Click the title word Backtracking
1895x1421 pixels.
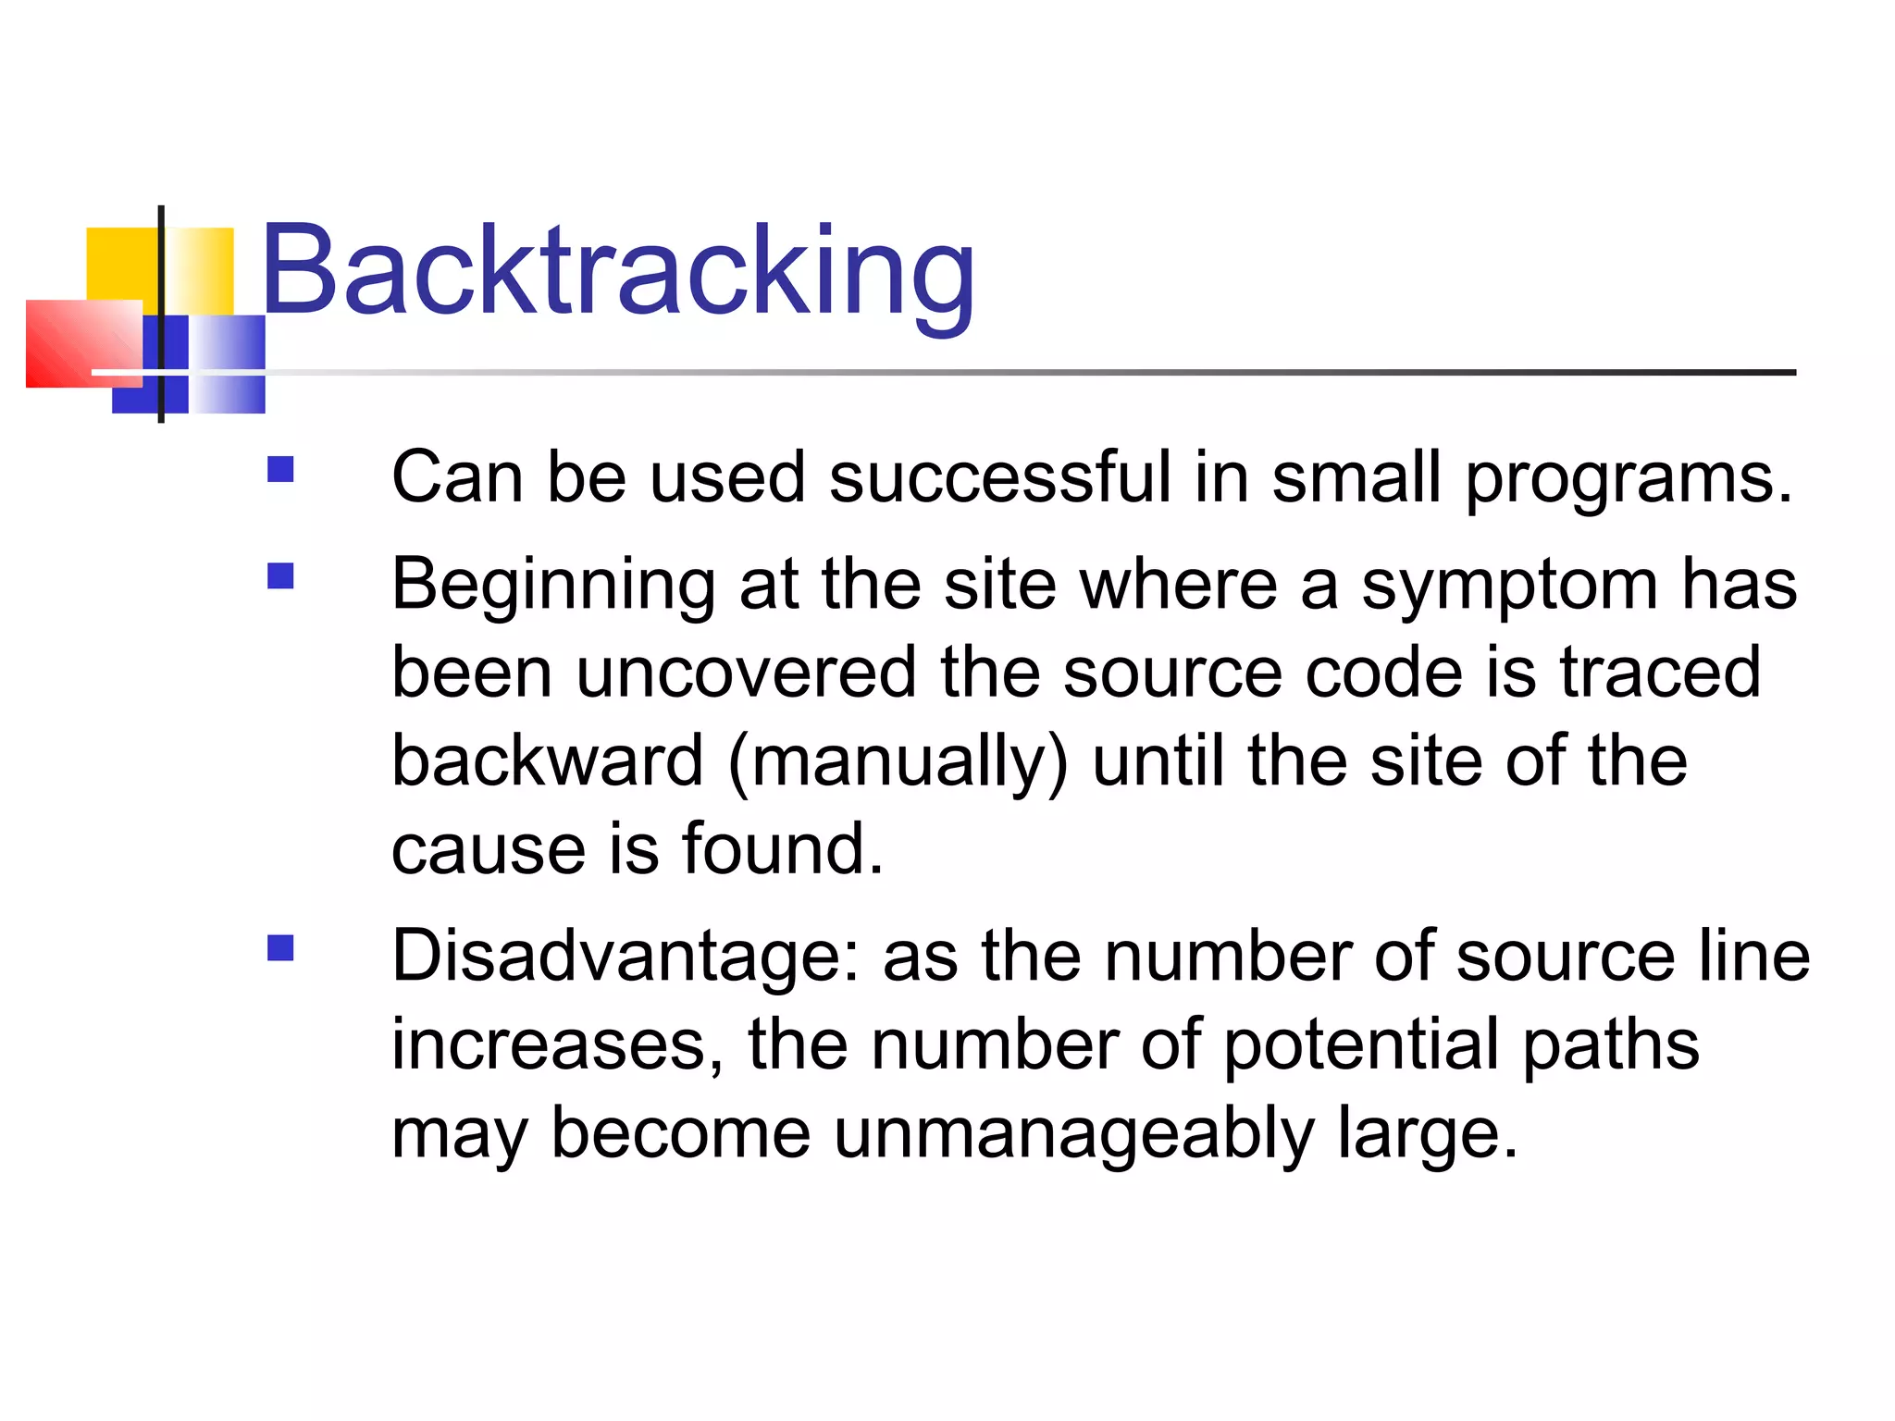[x=617, y=271]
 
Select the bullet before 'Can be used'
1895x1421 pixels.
[x=280, y=470]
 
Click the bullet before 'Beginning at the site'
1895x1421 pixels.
[x=280, y=577]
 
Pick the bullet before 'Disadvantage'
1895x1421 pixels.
[x=280, y=948]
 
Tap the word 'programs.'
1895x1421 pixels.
[x=1629, y=479]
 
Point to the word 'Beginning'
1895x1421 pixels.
[x=553, y=587]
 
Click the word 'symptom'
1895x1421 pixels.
[x=1509, y=587]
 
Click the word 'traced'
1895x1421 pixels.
[x=1660, y=673]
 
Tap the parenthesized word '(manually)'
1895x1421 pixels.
[x=898, y=761]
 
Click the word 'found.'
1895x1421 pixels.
[x=783, y=849]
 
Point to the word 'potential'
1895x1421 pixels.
[x=1361, y=1045]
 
